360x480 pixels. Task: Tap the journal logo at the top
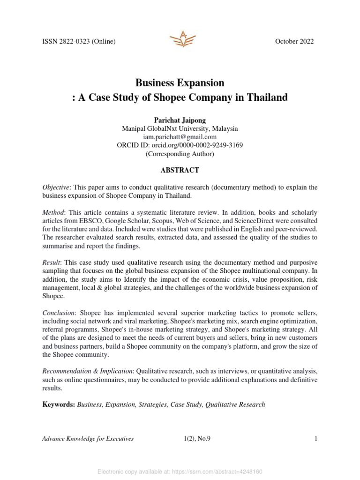(x=180, y=37)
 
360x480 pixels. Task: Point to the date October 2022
(x=294, y=42)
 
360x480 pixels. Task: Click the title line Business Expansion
(x=180, y=83)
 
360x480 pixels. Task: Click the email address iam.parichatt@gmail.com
(x=180, y=136)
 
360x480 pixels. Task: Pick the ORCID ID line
(x=180, y=145)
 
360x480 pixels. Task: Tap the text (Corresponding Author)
(x=180, y=153)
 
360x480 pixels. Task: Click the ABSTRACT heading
(x=180, y=170)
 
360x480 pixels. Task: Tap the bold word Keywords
(x=58, y=405)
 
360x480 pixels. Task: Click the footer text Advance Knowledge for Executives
(x=88, y=439)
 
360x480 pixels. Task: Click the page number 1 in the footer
(x=316, y=439)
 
